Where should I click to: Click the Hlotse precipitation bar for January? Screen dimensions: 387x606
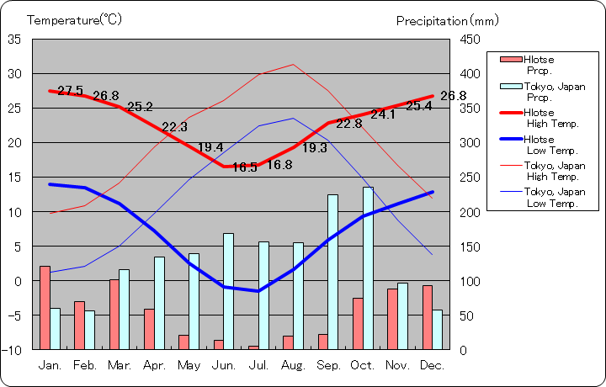pyautogui.click(x=45, y=307)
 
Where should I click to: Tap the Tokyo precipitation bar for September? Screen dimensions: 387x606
pyautogui.click(x=333, y=272)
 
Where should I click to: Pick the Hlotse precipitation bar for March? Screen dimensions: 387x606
pyautogui.click(x=114, y=314)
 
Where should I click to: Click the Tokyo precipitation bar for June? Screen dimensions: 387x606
pyautogui.click(x=229, y=291)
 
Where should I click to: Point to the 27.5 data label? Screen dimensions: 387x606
pyautogui.click(x=70, y=91)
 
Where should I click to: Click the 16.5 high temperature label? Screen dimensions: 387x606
pyautogui.click(x=244, y=167)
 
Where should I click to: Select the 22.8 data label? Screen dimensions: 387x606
pyautogui.click(x=348, y=124)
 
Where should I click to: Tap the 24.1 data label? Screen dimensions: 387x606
pyautogui.click(x=383, y=114)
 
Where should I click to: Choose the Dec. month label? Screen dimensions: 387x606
pyautogui.click(x=431, y=365)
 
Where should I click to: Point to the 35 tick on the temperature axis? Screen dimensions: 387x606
pyautogui.click(x=15, y=40)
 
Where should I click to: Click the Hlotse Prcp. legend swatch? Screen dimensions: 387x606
pyautogui.click(x=510, y=60)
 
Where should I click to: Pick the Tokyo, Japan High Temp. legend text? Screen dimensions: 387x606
pyautogui.click(x=554, y=171)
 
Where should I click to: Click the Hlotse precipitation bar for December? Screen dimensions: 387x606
pyautogui.click(x=428, y=317)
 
